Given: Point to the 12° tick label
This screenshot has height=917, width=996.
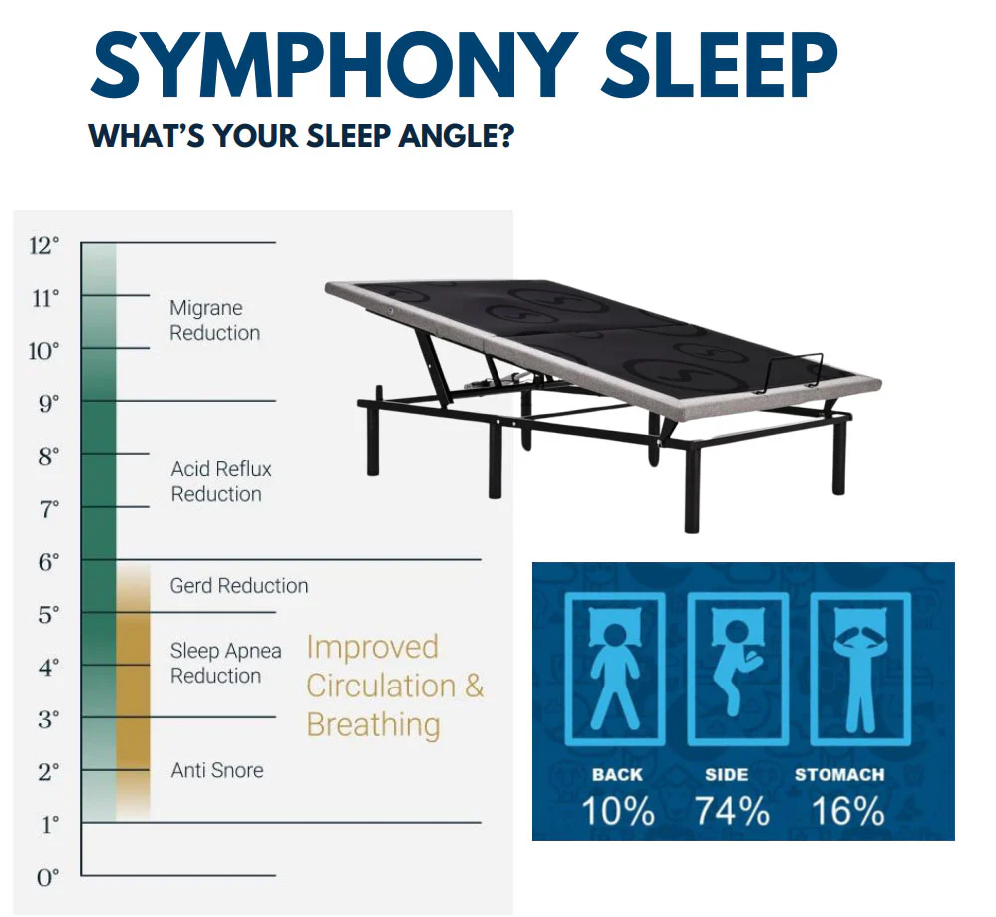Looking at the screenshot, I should coord(44,244).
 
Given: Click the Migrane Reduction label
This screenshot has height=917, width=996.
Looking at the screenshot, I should coord(214,321).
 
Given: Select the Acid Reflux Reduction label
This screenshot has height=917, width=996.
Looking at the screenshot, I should coord(220,481).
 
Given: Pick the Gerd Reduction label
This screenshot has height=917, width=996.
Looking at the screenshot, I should coord(239,586).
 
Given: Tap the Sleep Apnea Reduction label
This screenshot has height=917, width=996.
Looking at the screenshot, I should coord(225,663).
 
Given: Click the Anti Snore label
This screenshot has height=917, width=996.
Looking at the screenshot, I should coord(217,770).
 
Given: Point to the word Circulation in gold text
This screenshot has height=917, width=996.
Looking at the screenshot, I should coord(380,687).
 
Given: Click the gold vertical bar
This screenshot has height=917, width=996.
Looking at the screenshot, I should coord(133,688).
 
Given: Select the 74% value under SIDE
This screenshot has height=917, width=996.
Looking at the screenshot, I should coord(733,811).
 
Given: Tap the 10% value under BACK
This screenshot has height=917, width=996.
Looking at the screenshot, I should coord(618,811).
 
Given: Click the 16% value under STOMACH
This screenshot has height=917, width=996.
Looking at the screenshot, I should coord(848,811).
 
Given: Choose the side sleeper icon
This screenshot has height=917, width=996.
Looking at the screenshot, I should coord(736,670).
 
